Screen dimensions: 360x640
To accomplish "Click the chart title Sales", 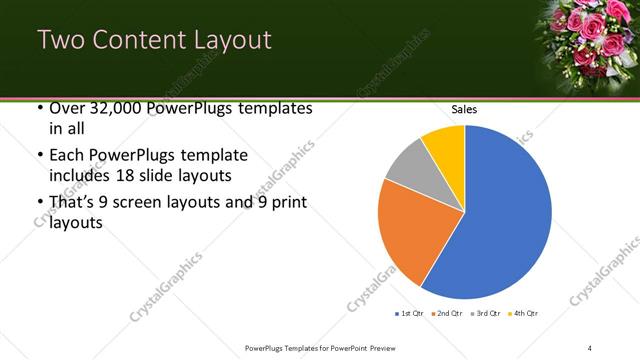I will coord(465,109).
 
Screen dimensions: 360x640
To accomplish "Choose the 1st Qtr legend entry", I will coord(409,314).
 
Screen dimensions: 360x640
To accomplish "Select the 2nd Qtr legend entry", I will coord(448,314).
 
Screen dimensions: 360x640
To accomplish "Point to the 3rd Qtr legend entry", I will coord(487,314).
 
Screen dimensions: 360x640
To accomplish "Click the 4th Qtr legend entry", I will coord(525,314).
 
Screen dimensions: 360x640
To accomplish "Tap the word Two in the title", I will coord(62,41).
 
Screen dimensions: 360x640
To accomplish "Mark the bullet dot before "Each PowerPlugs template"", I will coord(39,156).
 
